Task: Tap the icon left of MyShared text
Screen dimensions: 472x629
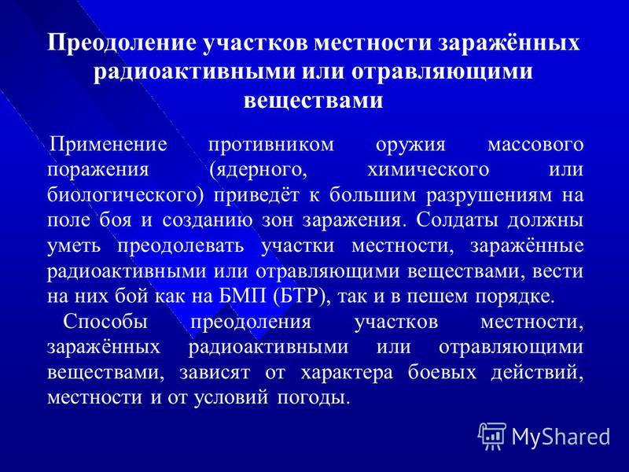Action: [493, 435]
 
